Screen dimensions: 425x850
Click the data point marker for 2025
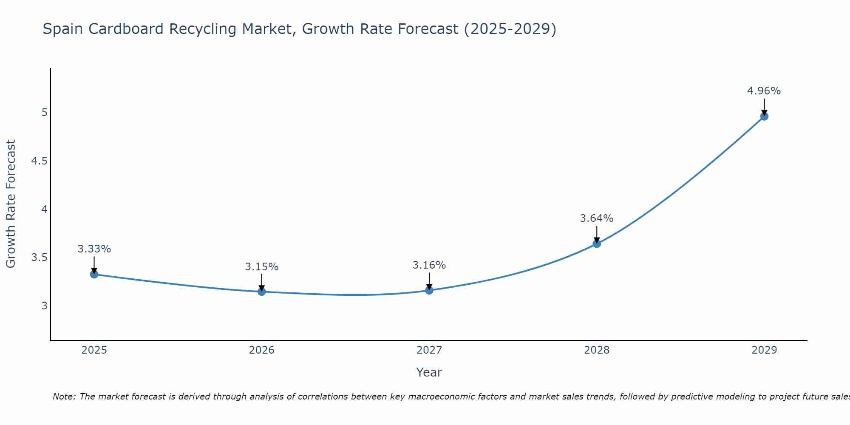click(94, 274)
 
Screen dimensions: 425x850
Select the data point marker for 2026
click(262, 292)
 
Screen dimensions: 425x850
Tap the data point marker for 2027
click(429, 290)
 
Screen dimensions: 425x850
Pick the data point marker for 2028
click(597, 244)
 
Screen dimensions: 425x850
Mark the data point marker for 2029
click(764, 116)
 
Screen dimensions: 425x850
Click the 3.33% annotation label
click(94, 249)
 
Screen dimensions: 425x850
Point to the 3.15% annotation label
click(262, 267)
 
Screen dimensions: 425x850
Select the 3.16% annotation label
click(429, 265)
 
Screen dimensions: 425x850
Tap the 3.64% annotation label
click(597, 218)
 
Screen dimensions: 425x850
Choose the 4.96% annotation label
click(764, 91)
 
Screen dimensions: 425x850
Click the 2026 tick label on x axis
click(262, 350)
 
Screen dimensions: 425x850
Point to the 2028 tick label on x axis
click(597, 350)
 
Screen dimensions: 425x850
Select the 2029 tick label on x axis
click(764, 350)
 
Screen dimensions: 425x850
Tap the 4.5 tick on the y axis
click(39, 161)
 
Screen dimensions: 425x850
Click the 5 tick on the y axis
click(44, 113)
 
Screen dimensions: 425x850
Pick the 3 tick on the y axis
click(44, 306)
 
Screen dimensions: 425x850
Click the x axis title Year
click(429, 372)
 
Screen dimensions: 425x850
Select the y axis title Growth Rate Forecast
click(11, 204)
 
